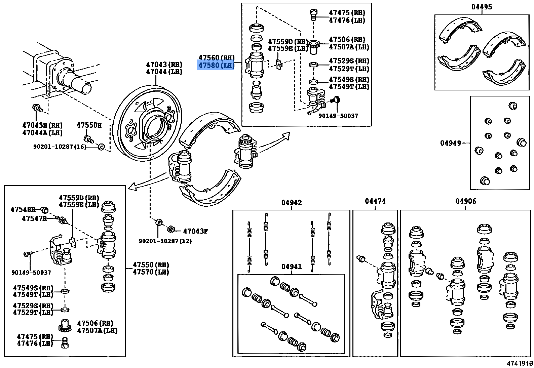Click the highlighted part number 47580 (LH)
(216, 65)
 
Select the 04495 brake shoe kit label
(481, 7)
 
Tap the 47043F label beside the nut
(195, 231)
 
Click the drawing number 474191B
(520, 363)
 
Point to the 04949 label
(450, 143)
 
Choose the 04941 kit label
(291, 267)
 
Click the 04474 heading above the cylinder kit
(375, 201)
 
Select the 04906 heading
(466, 201)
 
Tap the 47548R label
(23, 209)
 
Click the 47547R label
(34, 218)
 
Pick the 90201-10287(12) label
(165, 241)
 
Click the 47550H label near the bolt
(89, 125)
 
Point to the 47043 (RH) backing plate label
(164, 64)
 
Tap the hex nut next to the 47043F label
(170, 229)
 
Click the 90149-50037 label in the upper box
(338, 116)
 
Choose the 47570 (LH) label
(151, 272)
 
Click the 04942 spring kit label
(291, 202)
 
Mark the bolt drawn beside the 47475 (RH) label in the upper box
(313, 14)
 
